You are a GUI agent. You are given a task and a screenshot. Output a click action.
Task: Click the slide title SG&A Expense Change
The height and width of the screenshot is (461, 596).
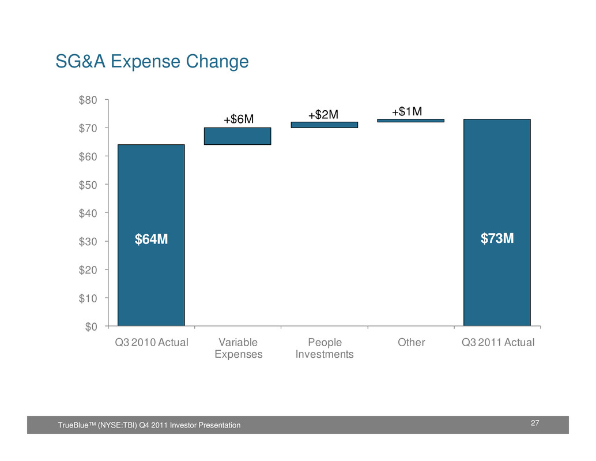pyautogui.click(x=152, y=61)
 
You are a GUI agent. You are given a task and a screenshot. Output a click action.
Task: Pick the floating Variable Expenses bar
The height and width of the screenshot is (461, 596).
pyautogui.click(x=237, y=136)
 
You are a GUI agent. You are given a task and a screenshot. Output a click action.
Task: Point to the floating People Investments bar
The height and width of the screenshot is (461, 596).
pyautogui.click(x=324, y=125)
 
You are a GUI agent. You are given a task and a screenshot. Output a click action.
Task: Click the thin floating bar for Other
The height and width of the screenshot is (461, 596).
pyautogui.click(x=411, y=121)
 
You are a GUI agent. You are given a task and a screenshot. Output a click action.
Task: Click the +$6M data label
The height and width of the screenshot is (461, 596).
pyautogui.click(x=239, y=119)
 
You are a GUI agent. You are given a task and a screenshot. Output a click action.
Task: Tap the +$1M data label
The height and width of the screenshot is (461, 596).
pyautogui.click(x=407, y=111)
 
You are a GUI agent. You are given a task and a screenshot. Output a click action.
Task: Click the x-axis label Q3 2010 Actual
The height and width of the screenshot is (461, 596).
pyautogui.click(x=152, y=342)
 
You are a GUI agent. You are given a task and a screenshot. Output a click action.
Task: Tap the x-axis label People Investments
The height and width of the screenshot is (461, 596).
pyautogui.click(x=324, y=348)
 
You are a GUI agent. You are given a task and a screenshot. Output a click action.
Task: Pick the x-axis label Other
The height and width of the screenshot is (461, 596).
pyautogui.click(x=411, y=342)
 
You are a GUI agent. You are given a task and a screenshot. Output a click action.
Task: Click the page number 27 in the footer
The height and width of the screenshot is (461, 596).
pyautogui.click(x=535, y=424)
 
